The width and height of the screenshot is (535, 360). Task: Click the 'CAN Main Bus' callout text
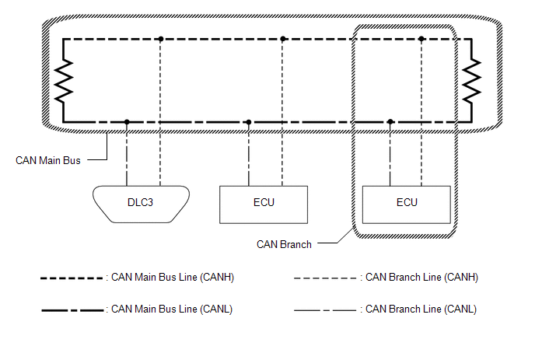[48, 161]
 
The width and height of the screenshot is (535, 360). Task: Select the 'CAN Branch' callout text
[284, 244]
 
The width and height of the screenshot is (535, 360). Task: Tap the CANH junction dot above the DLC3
[160, 38]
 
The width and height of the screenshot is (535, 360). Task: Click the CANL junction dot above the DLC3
[127, 122]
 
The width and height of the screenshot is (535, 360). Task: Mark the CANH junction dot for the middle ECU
[283, 38]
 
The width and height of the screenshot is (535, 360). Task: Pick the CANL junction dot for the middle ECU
[249, 122]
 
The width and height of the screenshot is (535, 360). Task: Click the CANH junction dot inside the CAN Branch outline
[421, 38]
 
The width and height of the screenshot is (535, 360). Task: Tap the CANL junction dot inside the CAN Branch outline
[390, 122]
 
